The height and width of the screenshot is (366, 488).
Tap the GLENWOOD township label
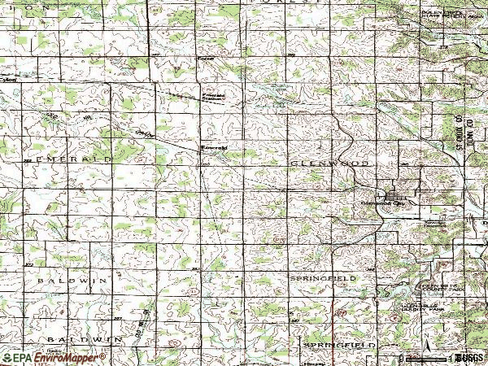coord(330,163)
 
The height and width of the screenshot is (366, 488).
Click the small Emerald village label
coord(212,147)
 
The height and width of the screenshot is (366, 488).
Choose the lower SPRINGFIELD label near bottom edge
coord(339,346)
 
